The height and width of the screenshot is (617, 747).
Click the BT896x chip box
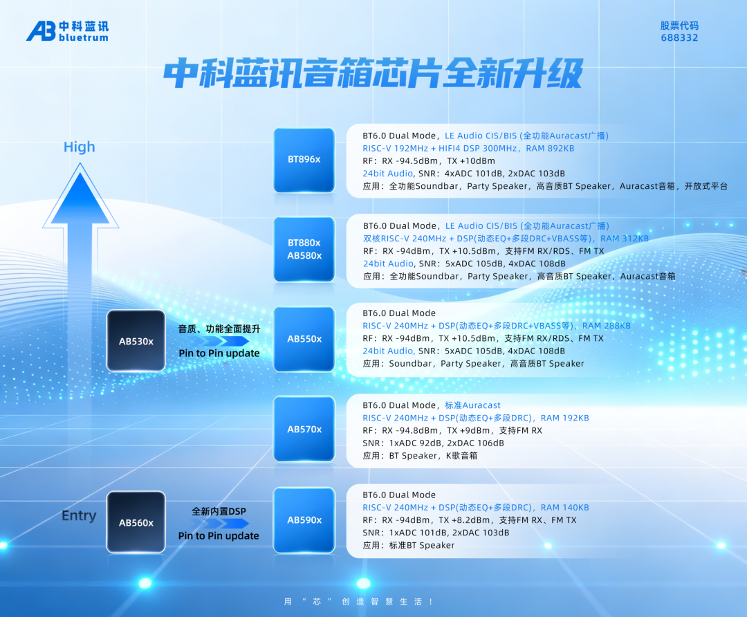click(x=304, y=160)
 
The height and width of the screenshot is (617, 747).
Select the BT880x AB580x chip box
click(x=304, y=249)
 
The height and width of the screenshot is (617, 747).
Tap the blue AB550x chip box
click(x=304, y=339)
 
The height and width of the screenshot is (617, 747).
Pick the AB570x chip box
click(x=304, y=429)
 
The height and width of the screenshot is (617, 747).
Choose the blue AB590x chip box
click(x=304, y=519)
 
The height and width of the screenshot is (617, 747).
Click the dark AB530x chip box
click(x=136, y=340)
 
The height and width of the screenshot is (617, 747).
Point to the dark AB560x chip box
click(x=136, y=522)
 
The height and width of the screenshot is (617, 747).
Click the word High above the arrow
click(x=79, y=147)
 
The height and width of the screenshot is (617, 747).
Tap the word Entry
click(x=79, y=515)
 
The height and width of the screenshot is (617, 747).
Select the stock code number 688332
click(x=679, y=37)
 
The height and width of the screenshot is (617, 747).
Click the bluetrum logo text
click(x=84, y=37)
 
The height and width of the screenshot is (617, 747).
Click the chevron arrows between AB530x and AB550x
click(x=220, y=340)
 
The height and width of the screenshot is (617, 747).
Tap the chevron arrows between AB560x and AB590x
click(x=220, y=523)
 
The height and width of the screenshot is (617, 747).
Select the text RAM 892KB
click(x=550, y=148)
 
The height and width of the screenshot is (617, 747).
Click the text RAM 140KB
click(x=564, y=508)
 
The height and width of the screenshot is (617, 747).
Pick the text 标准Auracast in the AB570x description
click(x=472, y=405)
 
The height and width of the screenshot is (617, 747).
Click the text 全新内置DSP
click(x=219, y=511)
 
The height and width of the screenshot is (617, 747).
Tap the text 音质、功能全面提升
click(x=219, y=329)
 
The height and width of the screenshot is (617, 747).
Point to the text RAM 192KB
click(x=564, y=418)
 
